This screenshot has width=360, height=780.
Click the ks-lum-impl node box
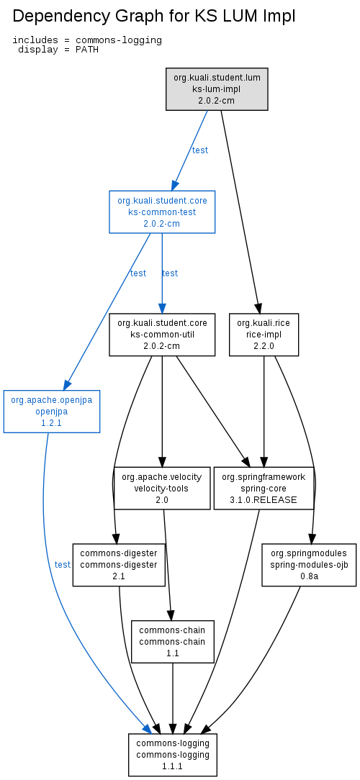point(217,89)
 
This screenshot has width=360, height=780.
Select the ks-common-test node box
point(162,212)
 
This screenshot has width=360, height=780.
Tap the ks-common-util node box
point(162,335)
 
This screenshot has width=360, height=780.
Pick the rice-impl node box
point(264,335)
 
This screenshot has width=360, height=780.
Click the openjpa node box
point(52,412)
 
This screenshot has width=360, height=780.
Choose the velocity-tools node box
point(162,489)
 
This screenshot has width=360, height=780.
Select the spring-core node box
point(264,489)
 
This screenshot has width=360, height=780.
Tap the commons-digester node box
point(119,565)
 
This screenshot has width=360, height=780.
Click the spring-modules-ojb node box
point(309,565)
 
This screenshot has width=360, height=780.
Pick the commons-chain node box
point(173,642)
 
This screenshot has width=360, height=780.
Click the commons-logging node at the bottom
point(173,755)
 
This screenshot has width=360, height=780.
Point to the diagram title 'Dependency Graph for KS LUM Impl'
point(154,17)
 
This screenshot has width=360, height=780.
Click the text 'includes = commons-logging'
point(87,40)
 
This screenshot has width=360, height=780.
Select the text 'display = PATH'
point(58,50)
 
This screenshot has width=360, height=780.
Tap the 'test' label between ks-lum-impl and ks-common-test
point(200,150)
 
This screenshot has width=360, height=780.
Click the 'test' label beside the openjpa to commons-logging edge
point(63,565)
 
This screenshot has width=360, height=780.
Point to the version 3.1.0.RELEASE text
point(264,500)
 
